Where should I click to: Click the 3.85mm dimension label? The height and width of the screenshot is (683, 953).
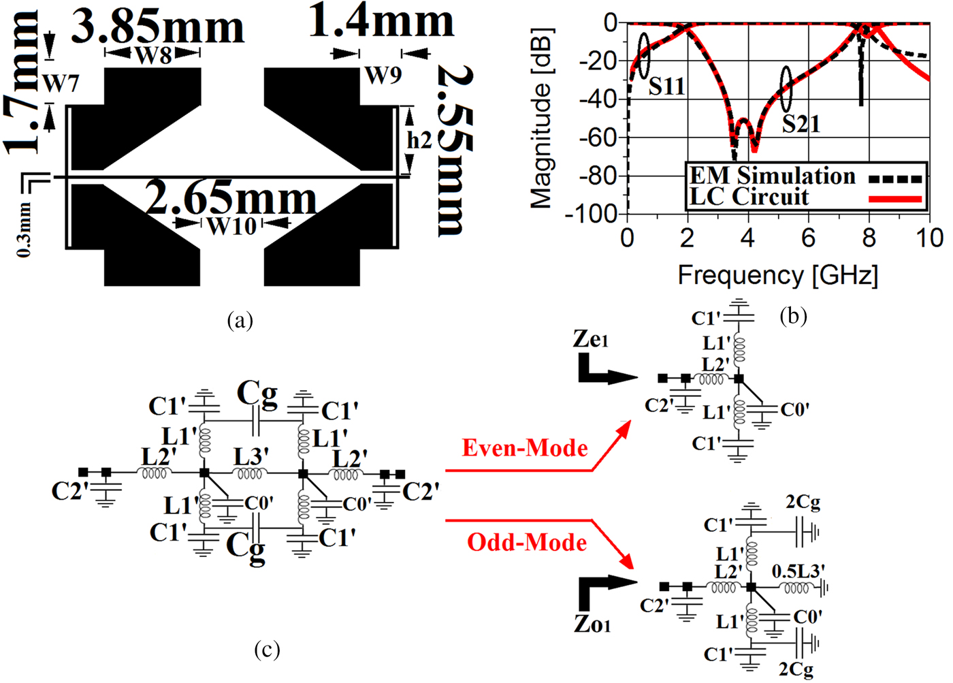(x=158, y=27)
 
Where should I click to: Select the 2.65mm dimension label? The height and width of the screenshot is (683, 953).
(x=231, y=198)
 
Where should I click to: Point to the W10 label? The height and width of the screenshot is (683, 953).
(x=231, y=225)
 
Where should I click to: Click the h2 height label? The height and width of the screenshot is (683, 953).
(x=419, y=140)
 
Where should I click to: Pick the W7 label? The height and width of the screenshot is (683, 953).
(x=61, y=83)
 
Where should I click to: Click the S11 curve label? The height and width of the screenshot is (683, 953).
(x=666, y=86)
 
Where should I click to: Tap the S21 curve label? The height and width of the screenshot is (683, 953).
(x=801, y=124)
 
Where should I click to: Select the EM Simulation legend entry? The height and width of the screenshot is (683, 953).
(x=773, y=176)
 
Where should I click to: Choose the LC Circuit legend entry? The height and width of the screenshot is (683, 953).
(x=749, y=197)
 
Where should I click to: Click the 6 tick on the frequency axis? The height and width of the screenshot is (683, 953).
(x=808, y=238)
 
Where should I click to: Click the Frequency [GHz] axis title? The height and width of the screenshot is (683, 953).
(x=778, y=275)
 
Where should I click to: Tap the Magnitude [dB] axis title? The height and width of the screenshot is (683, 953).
(x=542, y=118)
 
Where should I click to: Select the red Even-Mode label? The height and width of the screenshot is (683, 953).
(x=525, y=448)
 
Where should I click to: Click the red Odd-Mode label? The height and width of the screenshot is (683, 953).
(x=527, y=543)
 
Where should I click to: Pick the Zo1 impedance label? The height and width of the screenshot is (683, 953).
(x=592, y=624)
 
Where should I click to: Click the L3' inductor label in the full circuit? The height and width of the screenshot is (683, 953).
(x=251, y=457)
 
